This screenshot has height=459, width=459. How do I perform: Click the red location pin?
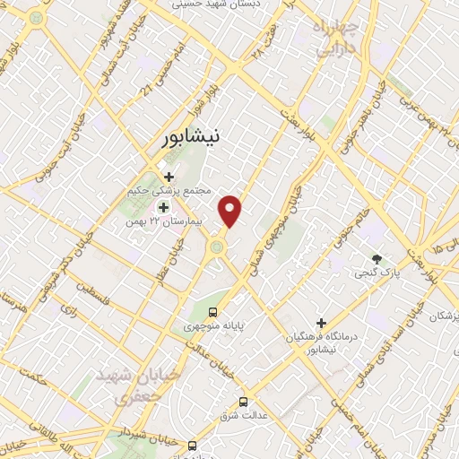tap(231, 211)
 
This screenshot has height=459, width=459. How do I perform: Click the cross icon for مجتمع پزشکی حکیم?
tap(169, 176)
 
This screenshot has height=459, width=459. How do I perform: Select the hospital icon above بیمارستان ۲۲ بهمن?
tap(163, 207)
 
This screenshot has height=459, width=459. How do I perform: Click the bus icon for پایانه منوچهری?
tap(212, 312)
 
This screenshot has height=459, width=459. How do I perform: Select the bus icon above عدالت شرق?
tap(244, 401)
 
